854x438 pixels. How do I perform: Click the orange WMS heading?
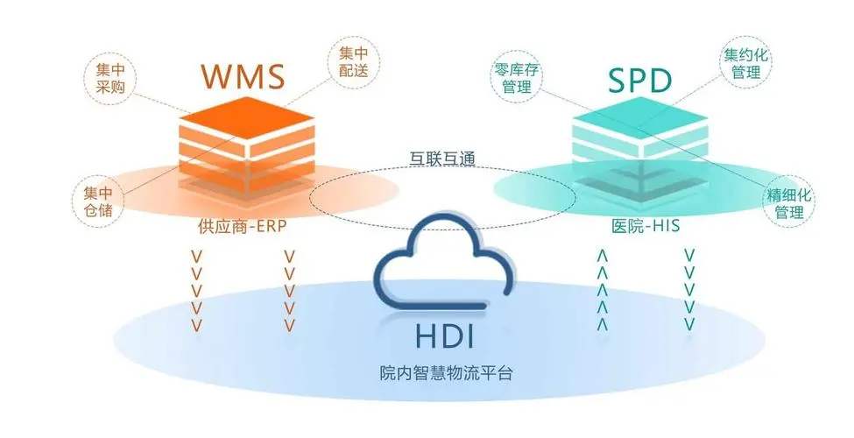coord(243,76)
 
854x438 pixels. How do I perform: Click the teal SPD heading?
coord(639,80)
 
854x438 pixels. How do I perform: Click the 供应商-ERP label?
coord(243,226)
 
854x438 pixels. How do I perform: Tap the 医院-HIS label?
coord(646,226)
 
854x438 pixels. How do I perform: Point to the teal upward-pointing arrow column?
coord(603,290)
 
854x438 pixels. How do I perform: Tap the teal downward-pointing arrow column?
coord(689,290)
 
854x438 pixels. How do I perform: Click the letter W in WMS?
coord(219,76)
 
